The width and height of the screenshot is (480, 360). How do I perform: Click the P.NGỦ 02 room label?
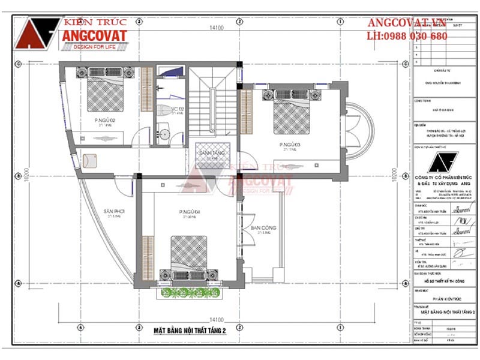tap(104, 121)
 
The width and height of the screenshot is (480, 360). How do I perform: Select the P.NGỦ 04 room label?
tap(188, 212)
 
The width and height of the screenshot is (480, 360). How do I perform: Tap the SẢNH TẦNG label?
tap(211, 153)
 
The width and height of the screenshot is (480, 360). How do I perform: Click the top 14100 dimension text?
tap(216, 28)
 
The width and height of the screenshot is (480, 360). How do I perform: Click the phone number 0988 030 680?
tap(407, 36)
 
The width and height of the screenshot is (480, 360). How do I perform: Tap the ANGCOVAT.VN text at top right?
tap(407, 23)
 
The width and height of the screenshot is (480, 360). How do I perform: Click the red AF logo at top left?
tap(38, 34)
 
